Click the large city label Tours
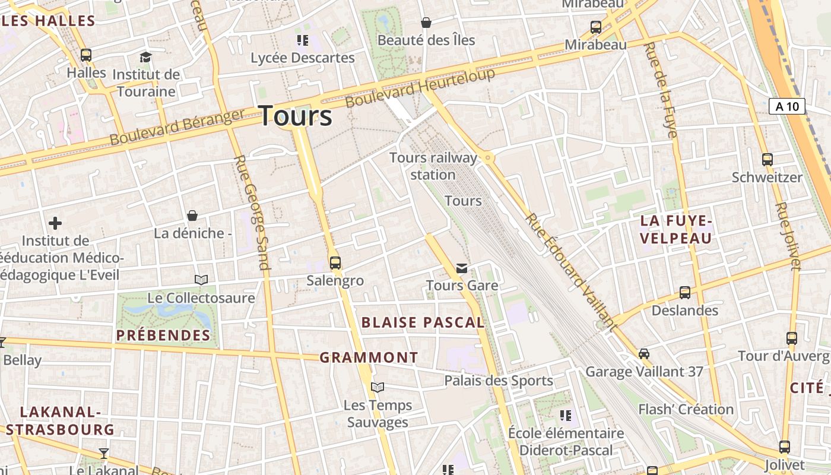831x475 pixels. pos(296,115)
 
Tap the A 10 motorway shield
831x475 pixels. pos(787,106)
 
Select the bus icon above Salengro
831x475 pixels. pos(335,262)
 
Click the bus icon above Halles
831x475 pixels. pos(86,55)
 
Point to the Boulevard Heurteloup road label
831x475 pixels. pos(420,88)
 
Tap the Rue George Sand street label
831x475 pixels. pos(253,212)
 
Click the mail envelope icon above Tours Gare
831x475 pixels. pos(462,268)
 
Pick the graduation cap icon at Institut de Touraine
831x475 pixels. pos(145,57)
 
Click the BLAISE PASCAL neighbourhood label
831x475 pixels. pos(423,322)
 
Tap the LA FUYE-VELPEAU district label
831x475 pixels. pos(675,230)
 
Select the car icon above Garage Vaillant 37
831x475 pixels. pos(644,354)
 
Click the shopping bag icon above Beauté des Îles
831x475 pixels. pos(426,23)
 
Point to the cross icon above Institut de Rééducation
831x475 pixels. pos(55,223)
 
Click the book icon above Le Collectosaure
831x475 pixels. pos(201,280)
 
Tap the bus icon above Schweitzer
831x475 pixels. pos(767,159)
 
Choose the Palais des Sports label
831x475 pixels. pos(499,381)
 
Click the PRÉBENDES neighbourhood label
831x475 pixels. pos(163,335)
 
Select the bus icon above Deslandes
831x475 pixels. pos(684,292)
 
